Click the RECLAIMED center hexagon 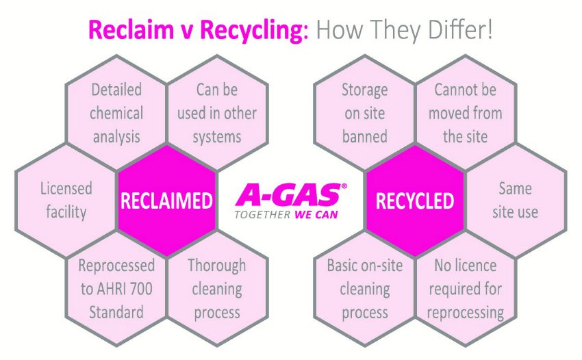click(x=166, y=201)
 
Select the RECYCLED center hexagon click(x=415, y=201)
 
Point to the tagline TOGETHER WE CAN click(x=286, y=214)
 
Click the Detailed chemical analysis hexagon click(x=116, y=113)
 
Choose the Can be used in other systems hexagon click(x=217, y=113)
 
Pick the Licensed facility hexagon click(x=66, y=201)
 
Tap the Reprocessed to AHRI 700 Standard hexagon click(x=116, y=289)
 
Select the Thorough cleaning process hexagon click(x=217, y=289)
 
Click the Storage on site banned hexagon click(x=364, y=113)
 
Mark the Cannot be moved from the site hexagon click(x=466, y=113)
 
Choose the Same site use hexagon click(x=516, y=201)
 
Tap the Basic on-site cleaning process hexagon click(x=364, y=289)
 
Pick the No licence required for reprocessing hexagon click(x=466, y=289)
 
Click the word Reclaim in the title click(x=131, y=29)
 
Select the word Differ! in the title click(x=460, y=29)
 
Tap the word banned click(x=364, y=137)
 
